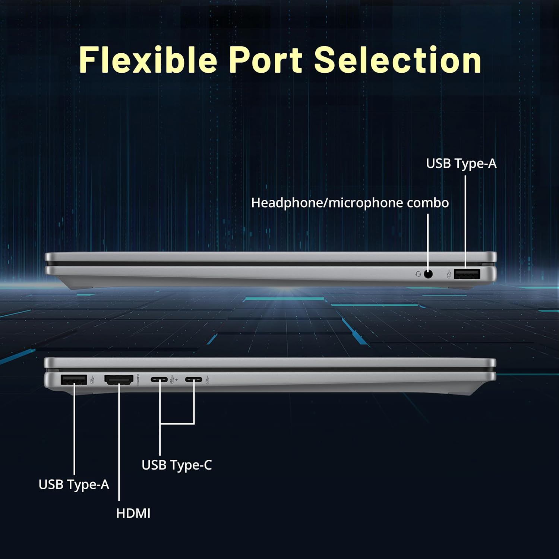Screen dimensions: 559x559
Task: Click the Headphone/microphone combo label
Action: tap(350, 203)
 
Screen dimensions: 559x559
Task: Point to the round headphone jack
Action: tap(428, 274)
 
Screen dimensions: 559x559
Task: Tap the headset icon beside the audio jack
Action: tap(418, 274)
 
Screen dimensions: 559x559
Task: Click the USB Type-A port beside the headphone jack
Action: tap(467, 274)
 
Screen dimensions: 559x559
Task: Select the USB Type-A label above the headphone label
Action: tap(461, 163)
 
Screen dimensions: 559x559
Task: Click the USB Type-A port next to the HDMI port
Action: tap(74, 380)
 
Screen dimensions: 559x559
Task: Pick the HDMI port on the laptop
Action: tap(119, 380)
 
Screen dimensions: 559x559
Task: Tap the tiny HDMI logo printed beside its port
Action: tap(138, 380)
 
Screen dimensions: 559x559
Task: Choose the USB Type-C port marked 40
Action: tap(159, 380)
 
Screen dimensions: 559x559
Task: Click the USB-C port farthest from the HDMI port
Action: tap(193, 380)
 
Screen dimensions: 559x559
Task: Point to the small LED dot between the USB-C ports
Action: tap(176, 380)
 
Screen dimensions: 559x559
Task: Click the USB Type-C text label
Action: tap(177, 465)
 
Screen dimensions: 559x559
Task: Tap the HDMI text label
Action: tap(133, 514)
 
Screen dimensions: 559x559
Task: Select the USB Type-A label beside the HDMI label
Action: tap(74, 484)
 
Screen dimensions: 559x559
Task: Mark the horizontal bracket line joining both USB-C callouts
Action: tap(177, 424)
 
